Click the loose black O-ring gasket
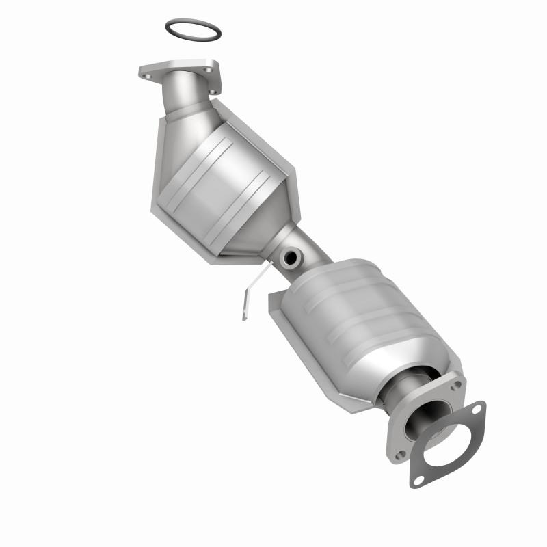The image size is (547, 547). (194, 23)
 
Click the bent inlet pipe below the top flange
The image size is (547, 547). (187, 96)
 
